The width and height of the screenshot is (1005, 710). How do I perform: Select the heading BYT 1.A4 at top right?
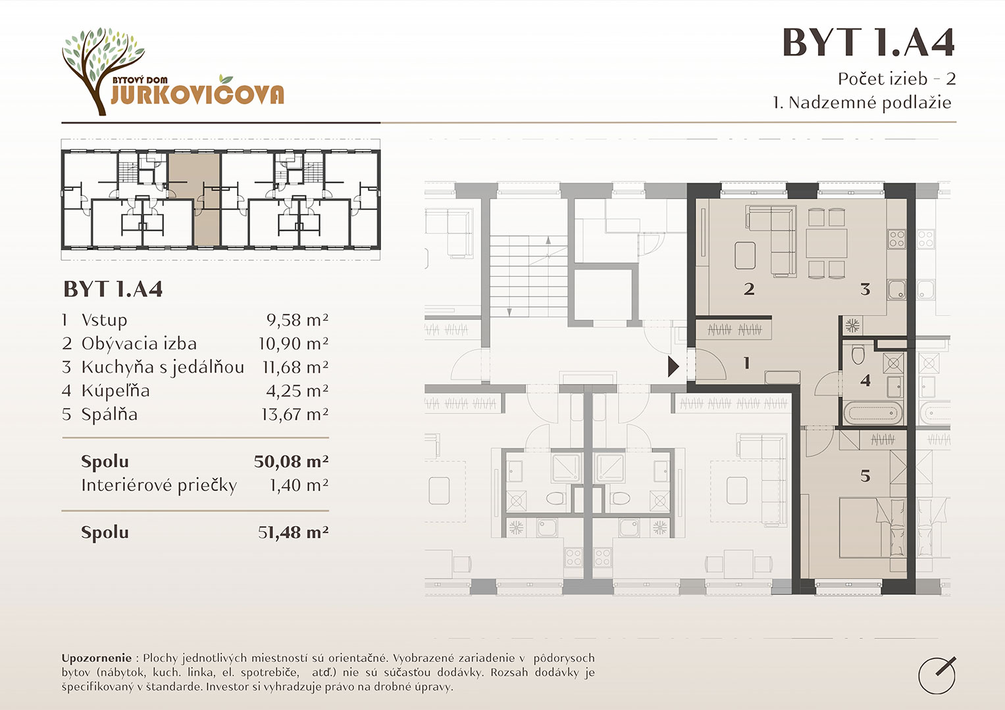tap(868, 43)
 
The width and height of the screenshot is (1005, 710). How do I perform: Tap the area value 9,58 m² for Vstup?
tap(297, 320)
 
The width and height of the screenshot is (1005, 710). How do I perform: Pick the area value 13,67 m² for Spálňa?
tap(295, 414)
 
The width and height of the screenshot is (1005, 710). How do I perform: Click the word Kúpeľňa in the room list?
tap(115, 390)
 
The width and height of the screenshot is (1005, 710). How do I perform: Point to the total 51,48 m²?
tap(293, 532)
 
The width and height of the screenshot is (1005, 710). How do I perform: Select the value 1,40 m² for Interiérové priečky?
tap(298, 485)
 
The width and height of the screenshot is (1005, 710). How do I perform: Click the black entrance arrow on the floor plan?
tap(673, 367)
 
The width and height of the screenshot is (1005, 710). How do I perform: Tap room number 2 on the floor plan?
tap(749, 289)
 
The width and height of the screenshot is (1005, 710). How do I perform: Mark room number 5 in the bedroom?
tap(865, 475)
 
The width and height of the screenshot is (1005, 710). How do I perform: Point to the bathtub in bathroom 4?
tap(873, 413)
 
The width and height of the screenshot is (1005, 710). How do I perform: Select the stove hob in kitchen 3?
tap(897, 239)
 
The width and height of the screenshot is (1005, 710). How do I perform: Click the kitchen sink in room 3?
tap(897, 289)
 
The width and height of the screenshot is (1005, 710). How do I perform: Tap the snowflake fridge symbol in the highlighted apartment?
tap(852, 325)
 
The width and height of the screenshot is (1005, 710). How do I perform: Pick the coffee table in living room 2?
tap(745, 255)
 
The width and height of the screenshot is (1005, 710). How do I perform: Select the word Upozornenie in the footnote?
tap(97, 658)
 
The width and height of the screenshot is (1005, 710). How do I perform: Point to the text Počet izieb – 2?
tap(897, 79)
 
